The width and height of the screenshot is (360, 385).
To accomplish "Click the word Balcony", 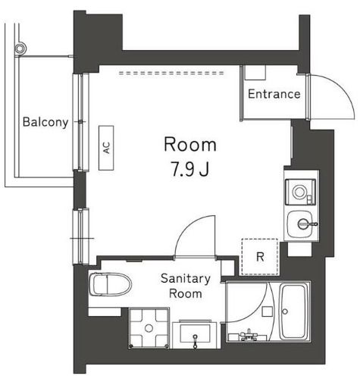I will [x=45, y=122].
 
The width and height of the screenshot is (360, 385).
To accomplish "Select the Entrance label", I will [x=274, y=95].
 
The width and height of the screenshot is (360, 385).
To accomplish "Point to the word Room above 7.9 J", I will [x=190, y=145].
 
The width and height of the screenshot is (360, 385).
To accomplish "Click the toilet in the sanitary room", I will [x=110, y=286].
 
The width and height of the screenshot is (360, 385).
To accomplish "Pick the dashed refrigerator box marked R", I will [x=259, y=256].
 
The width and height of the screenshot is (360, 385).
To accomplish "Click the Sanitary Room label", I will [x=180, y=286].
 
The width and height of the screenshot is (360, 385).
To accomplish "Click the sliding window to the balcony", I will [x=80, y=121].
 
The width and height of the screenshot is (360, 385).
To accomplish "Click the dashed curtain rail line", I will [x=174, y=74].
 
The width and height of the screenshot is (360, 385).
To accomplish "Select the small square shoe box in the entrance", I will [x=255, y=73].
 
